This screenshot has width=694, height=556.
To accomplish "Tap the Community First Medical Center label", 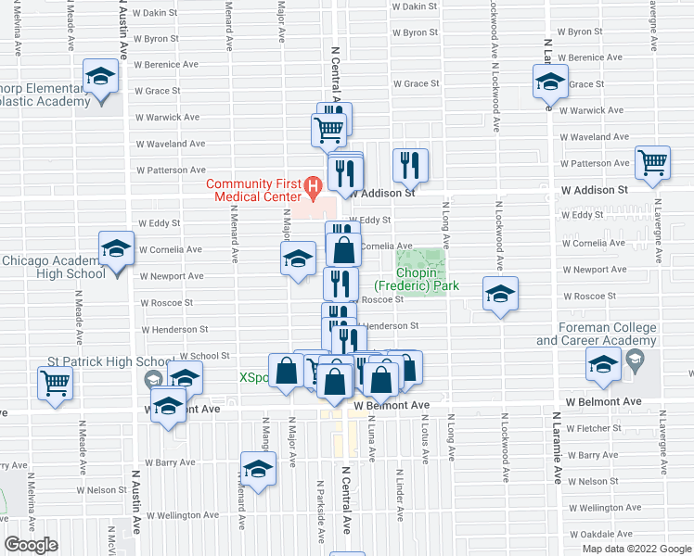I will [x=254, y=190].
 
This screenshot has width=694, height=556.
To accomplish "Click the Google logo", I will [x=31, y=545].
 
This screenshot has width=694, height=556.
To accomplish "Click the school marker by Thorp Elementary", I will [x=99, y=77].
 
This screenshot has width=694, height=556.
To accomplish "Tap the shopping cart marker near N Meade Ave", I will [x=55, y=382].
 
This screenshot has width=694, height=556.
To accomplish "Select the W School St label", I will [x=204, y=356].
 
